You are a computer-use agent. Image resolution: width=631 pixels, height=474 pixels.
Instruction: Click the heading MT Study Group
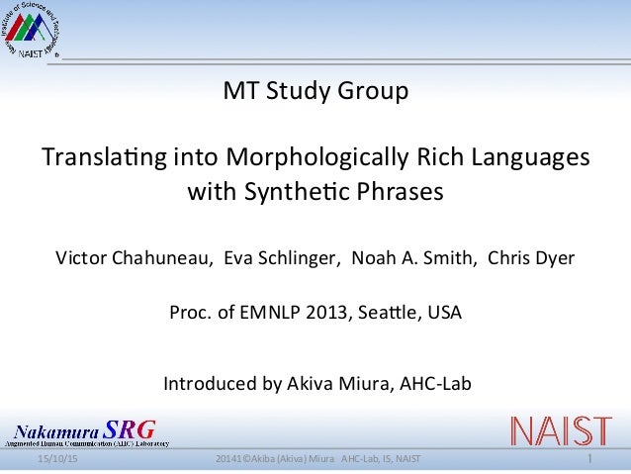(315, 94)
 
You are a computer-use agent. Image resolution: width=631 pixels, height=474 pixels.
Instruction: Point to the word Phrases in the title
(394, 191)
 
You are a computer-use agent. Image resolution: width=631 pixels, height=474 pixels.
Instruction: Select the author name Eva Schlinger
(281, 259)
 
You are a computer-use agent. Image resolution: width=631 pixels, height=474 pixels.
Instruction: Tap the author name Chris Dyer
(530, 259)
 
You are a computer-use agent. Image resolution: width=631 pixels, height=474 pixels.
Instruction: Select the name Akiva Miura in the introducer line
(343, 383)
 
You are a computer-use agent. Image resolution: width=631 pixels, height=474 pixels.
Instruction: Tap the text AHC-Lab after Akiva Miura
(436, 383)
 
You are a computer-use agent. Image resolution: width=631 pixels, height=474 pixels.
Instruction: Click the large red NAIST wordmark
(560, 430)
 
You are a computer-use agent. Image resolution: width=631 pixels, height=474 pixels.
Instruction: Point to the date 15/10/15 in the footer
(58, 462)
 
